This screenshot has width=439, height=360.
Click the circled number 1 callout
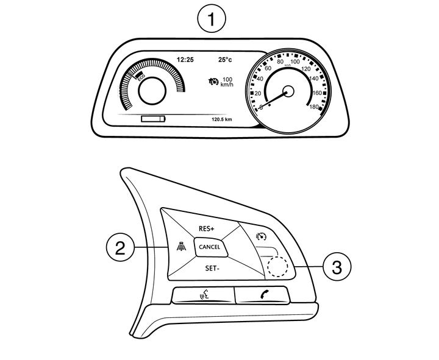212,20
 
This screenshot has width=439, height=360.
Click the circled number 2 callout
121,248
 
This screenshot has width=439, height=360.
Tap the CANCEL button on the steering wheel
209,247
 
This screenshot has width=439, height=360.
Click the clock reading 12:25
185,60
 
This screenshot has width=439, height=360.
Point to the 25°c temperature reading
225,60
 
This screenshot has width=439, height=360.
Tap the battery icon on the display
153,119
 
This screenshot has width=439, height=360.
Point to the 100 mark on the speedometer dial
294,62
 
